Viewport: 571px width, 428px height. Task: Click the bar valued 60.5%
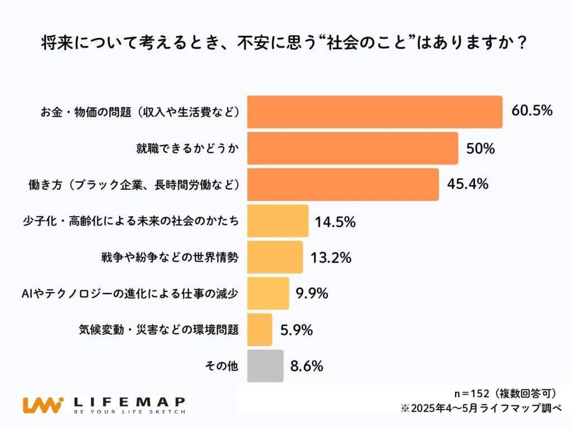374,112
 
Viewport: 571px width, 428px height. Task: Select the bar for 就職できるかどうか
352,148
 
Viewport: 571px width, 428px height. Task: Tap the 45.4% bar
342,184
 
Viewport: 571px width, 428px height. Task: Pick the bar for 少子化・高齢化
277,221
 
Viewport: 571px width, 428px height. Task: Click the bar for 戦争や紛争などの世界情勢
274,257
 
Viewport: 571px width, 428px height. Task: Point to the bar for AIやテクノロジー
268,293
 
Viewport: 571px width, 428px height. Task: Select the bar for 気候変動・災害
259,329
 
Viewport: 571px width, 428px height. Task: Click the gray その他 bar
265,366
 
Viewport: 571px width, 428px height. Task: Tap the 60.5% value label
531,110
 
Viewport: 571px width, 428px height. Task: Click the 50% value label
480,149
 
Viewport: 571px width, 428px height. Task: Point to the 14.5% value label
335,222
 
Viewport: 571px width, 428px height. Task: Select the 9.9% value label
312,293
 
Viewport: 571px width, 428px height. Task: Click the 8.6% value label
307,366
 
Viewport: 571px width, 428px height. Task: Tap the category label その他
222,366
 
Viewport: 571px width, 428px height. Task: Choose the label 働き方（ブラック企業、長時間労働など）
134,184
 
